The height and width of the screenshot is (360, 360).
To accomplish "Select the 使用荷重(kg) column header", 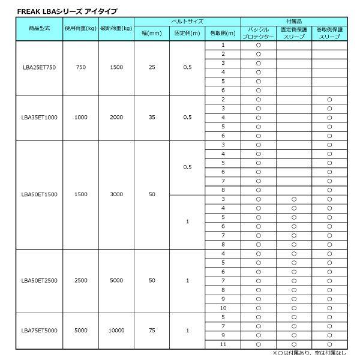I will [x=80, y=29].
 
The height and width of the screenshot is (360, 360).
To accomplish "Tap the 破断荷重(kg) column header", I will [x=116, y=29].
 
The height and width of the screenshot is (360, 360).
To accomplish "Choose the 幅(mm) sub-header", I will [x=152, y=34].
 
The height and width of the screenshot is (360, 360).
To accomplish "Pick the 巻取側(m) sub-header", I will [x=223, y=34].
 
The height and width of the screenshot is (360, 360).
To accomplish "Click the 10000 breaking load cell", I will [x=116, y=330].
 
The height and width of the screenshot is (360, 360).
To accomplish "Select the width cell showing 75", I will [x=152, y=330].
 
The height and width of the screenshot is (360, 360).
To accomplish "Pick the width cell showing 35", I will [x=152, y=118].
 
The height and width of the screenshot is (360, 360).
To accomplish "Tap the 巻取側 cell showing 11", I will [x=223, y=344].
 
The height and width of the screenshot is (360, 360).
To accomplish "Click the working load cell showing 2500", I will [x=80, y=280].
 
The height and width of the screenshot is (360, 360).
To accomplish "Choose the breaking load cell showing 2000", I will [x=116, y=118].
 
